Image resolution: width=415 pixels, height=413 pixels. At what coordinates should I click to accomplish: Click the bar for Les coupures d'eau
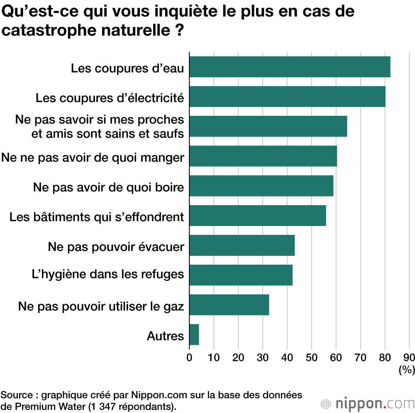290,67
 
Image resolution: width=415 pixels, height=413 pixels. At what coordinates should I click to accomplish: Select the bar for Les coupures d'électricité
287,96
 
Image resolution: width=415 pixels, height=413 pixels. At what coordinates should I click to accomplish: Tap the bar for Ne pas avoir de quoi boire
261,186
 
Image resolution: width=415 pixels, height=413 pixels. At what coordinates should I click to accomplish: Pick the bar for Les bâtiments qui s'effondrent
257,216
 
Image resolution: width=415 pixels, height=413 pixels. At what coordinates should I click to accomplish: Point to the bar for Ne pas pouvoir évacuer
242,245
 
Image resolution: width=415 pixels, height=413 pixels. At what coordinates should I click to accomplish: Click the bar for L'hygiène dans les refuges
241,275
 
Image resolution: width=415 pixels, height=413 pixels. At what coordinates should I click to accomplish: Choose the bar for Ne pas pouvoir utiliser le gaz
229,305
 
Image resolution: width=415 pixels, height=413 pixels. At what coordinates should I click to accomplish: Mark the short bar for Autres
194,334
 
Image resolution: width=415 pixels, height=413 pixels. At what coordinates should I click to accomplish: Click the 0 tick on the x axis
189,357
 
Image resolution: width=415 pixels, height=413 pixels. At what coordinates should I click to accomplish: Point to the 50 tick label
312,357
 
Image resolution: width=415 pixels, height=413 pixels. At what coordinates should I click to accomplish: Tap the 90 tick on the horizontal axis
409,357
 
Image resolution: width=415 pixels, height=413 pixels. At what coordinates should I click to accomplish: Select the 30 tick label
263,357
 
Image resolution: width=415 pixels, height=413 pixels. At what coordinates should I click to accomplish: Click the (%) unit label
407,369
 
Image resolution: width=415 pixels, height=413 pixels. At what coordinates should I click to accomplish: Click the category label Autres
165,336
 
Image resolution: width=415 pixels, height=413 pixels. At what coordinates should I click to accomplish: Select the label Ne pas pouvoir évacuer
116,247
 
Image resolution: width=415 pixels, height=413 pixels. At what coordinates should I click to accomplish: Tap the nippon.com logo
368,403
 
